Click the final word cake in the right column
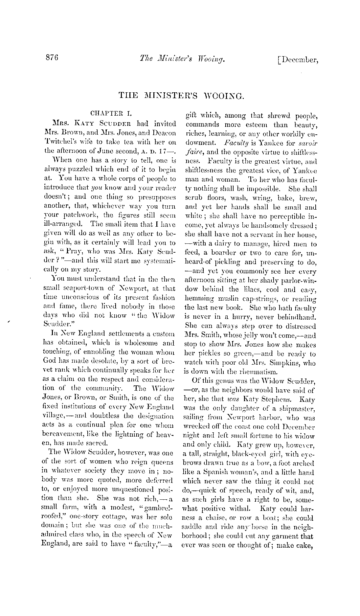coord(306,546)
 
